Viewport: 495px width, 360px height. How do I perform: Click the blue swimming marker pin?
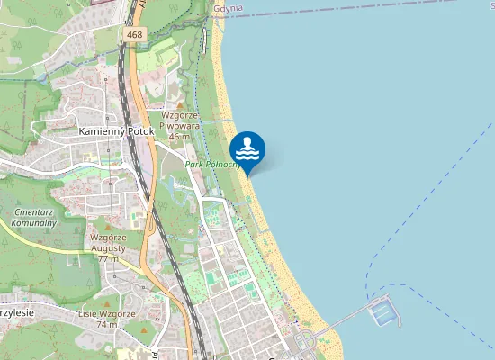click(247, 149)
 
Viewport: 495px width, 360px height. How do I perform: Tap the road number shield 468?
click(134, 35)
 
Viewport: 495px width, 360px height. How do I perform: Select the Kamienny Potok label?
click(117, 131)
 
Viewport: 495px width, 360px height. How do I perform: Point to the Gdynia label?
click(229, 8)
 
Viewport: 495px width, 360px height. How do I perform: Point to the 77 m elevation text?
click(109, 258)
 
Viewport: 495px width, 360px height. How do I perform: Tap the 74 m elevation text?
click(107, 324)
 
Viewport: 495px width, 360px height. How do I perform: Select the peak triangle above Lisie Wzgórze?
click(106, 302)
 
